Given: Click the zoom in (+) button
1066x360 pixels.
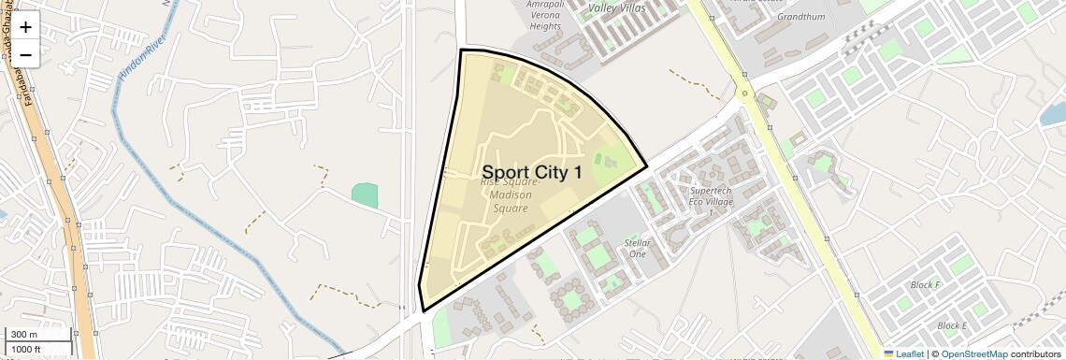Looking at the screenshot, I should pyautogui.click(x=25, y=27).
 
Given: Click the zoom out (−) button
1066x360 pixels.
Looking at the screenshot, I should pyautogui.click(x=25, y=55).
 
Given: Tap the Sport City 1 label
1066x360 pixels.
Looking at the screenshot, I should pyautogui.click(x=531, y=172).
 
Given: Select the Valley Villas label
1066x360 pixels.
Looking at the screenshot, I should pyautogui.click(x=617, y=7).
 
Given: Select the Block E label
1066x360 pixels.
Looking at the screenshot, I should pyautogui.click(x=951, y=325).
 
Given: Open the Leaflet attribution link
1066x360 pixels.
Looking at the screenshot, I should pyautogui.click(x=904, y=353).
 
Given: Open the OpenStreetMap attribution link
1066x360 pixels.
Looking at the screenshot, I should pyautogui.click(x=973, y=353).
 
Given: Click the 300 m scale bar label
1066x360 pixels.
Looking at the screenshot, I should pyautogui.click(x=23, y=334).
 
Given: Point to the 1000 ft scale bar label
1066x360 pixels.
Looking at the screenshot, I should pyautogui.click(x=26, y=349).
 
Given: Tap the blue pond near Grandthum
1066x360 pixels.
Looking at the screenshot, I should pyautogui.click(x=1053, y=114).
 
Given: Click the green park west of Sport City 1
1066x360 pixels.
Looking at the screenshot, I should pyautogui.click(x=365, y=195).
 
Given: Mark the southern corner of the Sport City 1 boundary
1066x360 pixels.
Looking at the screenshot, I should pyautogui.click(x=424, y=310).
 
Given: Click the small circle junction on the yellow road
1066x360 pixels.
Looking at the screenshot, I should pyautogui.click(x=745, y=93).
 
